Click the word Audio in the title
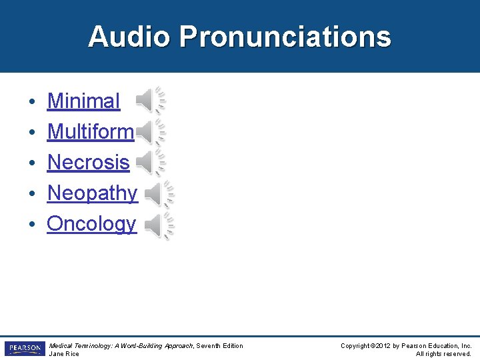[129, 37]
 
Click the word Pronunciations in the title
[285, 37]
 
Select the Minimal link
[83, 101]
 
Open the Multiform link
[90, 132]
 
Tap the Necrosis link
[88, 162]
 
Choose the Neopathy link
[92, 193]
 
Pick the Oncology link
[91, 224]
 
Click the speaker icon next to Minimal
[150, 101]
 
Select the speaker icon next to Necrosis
[150, 162]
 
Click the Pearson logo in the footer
[25, 349]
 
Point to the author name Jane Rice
[64, 354]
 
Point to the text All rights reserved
[443, 354]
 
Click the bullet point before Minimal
[32, 102]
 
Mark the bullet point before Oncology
[32, 225]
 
